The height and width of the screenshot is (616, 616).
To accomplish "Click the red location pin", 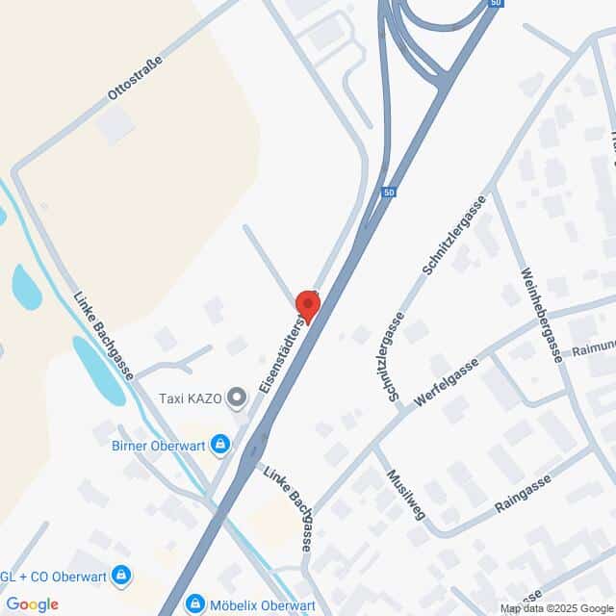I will coord(307,303).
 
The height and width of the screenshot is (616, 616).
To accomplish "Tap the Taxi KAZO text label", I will coord(191,398).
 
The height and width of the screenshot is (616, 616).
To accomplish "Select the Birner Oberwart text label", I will coord(157,444).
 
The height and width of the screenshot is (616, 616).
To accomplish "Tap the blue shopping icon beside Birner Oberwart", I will coord(221,444).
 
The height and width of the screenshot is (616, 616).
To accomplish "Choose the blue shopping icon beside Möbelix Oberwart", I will coord(196,604).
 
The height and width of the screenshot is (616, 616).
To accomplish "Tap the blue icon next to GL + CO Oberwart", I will coord(120,577).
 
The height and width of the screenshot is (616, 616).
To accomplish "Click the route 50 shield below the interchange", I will coord(388,193).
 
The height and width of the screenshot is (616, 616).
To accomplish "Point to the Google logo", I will coord(32,603).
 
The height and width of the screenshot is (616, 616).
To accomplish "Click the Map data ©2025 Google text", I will coord(555,608).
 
